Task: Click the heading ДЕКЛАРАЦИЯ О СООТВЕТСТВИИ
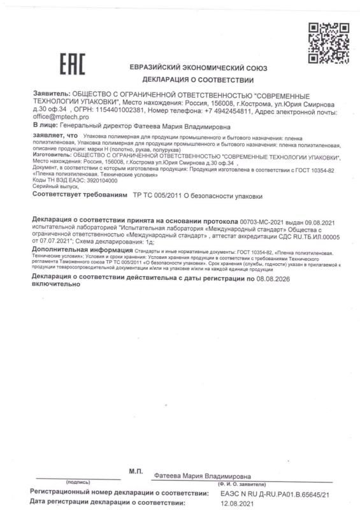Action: (x=198, y=80)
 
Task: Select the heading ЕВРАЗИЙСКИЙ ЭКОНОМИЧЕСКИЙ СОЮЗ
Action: (x=198, y=68)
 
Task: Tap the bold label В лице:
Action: (x=47, y=126)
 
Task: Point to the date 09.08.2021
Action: (x=322, y=220)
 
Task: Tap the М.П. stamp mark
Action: (x=135, y=471)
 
